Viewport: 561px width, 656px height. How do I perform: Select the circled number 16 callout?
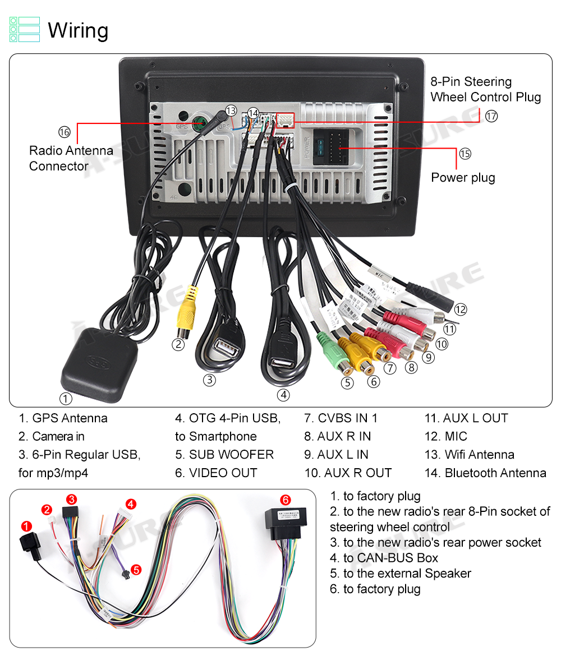tap(64, 132)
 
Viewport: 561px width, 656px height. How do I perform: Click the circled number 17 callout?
tap(491, 116)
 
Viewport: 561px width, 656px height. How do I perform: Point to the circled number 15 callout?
tap(465, 154)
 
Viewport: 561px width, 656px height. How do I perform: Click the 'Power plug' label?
tap(463, 178)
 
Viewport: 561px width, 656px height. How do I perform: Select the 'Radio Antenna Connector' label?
tap(71, 158)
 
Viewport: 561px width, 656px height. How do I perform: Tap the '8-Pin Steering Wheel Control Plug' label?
tap(485, 89)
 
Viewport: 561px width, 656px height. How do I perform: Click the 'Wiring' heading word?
tap(78, 30)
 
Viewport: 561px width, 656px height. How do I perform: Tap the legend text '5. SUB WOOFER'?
tap(224, 455)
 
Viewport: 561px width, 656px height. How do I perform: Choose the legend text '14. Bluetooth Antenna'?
tap(485, 473)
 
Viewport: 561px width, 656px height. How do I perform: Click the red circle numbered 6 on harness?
tap(285, 500)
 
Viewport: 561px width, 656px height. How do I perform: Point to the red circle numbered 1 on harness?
tap(26, 526)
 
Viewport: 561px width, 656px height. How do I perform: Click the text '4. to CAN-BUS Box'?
tap(384, 558)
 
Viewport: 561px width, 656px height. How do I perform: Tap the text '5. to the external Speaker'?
tap(400, 574)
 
